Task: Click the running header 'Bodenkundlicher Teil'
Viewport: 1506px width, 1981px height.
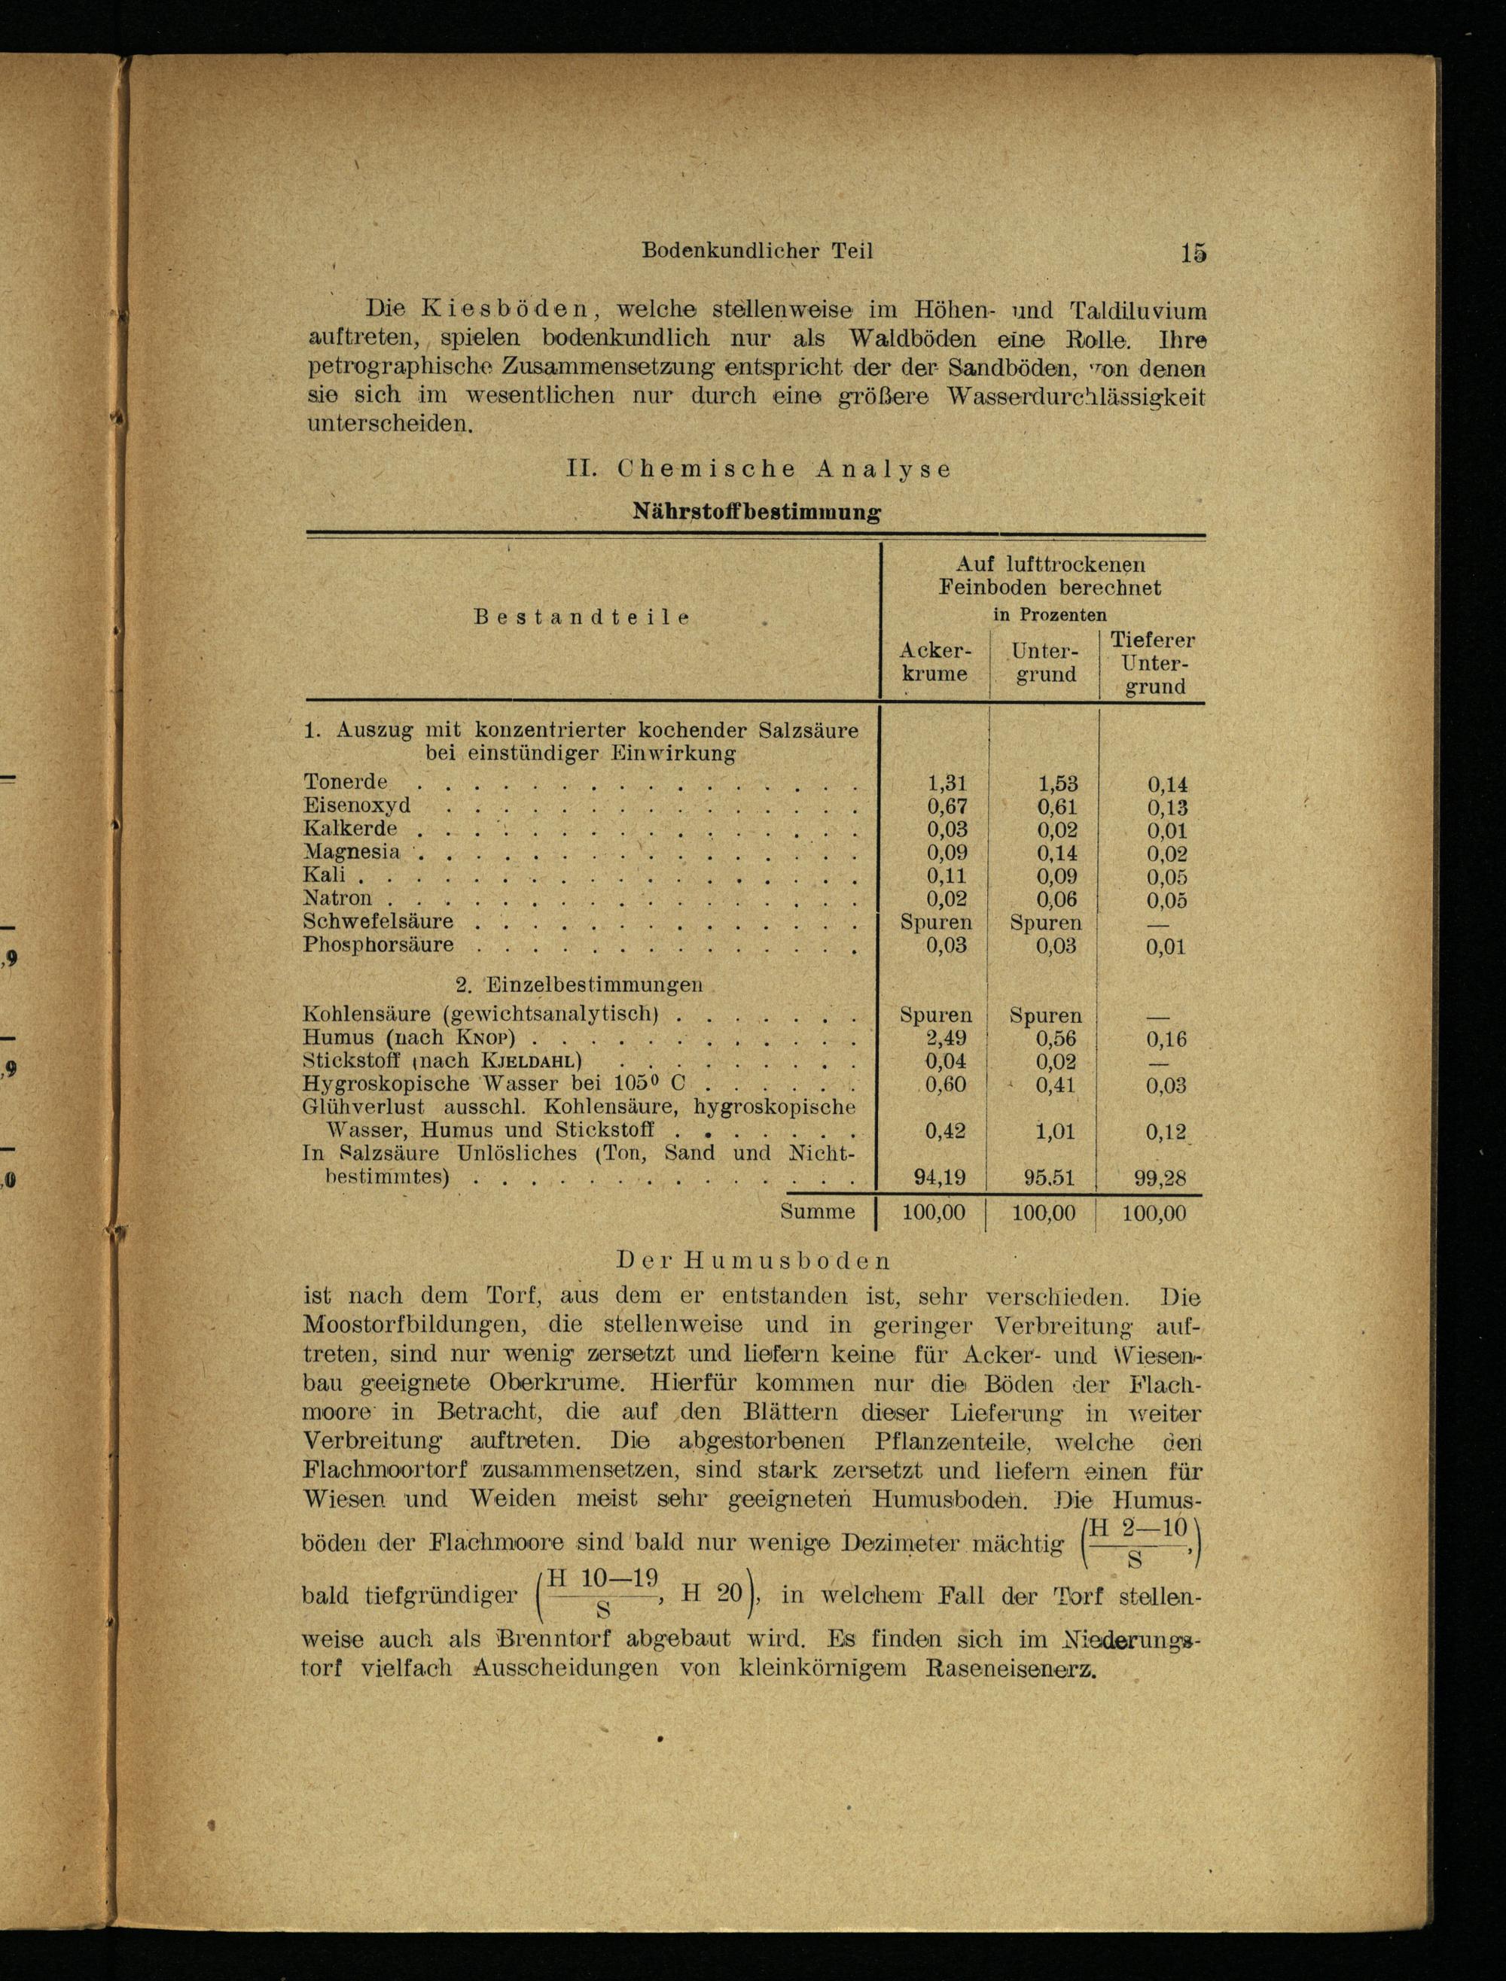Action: click(757, 251)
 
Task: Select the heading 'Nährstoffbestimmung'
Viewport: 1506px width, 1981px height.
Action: click(757, 513)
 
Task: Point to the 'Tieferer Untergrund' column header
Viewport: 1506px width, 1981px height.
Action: click(1152, 663)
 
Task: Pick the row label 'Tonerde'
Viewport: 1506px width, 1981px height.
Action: click(345, 782)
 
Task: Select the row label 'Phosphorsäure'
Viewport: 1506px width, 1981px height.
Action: click(378, 945)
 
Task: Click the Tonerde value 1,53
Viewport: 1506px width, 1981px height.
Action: click(1058, 783)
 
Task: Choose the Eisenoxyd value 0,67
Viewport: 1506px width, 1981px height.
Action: click(947, 806)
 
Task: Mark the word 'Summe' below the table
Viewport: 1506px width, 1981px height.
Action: click(818, 1213)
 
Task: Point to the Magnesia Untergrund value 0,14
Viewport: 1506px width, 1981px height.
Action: click(1058, 853)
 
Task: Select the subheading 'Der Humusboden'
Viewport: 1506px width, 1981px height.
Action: click(754, 1261)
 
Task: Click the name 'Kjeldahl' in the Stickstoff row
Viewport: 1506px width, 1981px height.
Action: click(532, 1062)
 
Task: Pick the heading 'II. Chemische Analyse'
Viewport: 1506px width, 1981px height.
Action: click(758, 469)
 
